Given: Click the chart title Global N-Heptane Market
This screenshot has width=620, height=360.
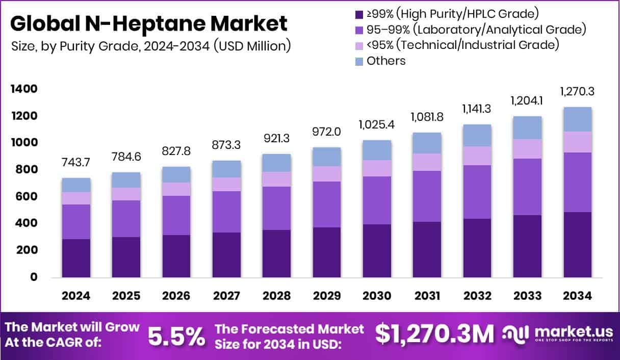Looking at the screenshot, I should [148, 24].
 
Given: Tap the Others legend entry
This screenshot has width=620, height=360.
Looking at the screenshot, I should [385, 61].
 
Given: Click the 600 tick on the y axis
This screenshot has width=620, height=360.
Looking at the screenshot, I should [27, 197].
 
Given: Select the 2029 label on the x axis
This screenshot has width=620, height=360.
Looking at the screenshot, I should [327, 296].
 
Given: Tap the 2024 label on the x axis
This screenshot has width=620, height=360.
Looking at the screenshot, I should [75, 296].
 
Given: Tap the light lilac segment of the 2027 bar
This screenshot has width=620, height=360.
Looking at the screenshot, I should [226, 184].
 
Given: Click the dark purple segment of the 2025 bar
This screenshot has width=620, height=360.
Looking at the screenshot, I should [126, 257].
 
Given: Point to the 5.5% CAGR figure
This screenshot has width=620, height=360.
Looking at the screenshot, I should [176, 336].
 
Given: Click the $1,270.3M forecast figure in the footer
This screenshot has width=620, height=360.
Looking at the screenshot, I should [434, 335].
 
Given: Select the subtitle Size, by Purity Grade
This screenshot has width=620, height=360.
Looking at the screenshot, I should [151, 46].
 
